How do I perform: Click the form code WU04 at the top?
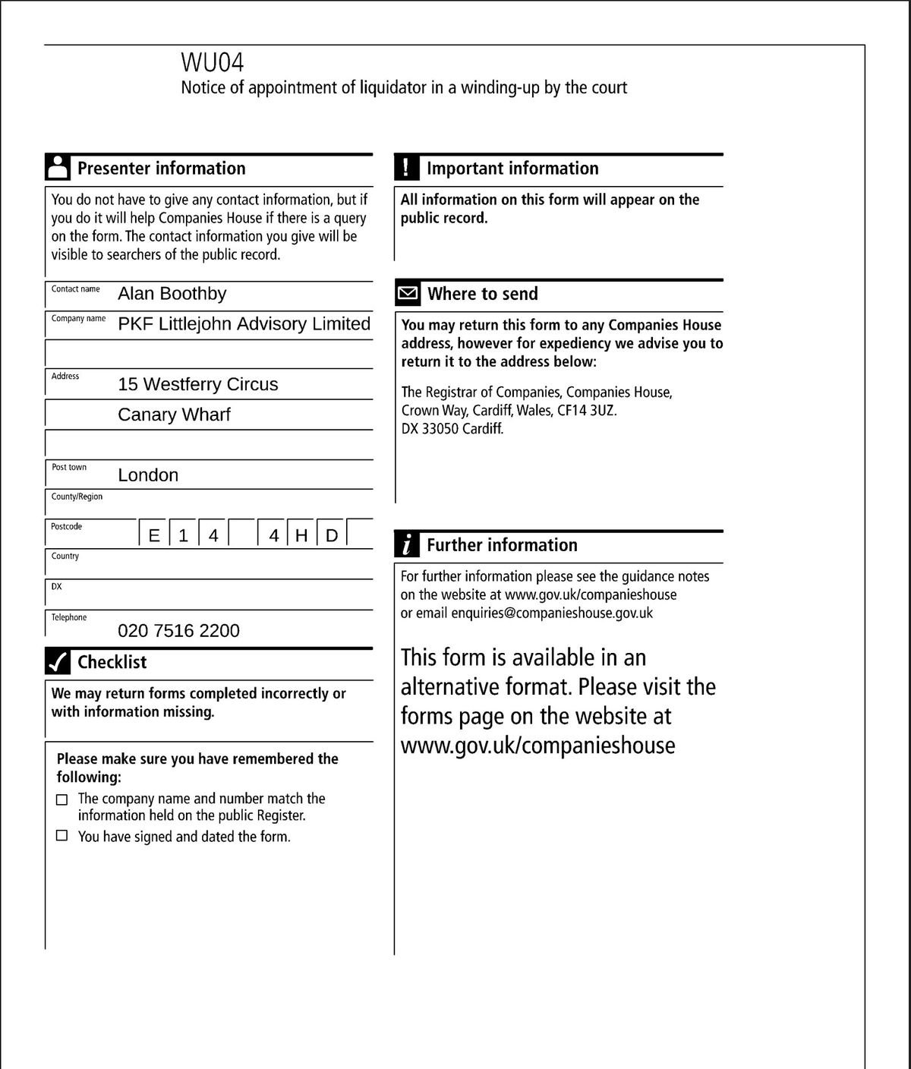212,61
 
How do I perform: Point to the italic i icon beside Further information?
407,544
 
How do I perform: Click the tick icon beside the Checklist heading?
57,662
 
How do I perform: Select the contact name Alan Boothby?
172,294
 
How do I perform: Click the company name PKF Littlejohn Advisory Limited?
244,324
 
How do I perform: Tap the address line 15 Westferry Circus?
197,384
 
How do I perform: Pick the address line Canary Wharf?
174,415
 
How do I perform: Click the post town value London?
148,475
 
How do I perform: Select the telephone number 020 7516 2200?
178,631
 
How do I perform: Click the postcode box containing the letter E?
154,535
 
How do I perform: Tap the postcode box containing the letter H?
301,535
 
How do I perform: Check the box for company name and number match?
62,799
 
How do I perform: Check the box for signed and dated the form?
62,836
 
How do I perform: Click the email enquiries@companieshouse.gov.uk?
551,613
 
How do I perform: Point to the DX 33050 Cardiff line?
452,428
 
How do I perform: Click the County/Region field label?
77,497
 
